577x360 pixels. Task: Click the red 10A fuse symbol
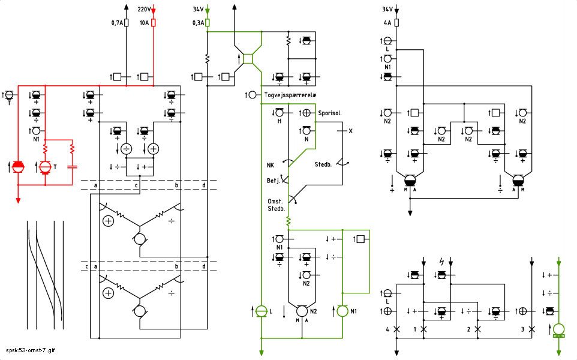coord(154,23)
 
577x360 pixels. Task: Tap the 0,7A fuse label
coord(117,23)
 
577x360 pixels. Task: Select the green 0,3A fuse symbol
coord(207,23)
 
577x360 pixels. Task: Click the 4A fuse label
coord(387,23)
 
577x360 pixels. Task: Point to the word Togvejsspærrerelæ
coord(290,95)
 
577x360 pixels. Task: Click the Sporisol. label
coord(330,113)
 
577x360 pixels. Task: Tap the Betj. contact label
coord(273,181)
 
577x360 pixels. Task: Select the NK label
coord(271,165)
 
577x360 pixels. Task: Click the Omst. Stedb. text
coord(276,205)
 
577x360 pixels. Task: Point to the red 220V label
coord(144,9)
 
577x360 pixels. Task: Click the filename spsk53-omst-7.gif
coord(30,350)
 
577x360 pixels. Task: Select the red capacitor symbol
coord(72,167)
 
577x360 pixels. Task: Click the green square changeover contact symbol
coord(248,59)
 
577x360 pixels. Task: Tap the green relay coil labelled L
coord(262,311)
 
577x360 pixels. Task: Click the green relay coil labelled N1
coord(342,311)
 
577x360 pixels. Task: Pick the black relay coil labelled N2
coord(302,311)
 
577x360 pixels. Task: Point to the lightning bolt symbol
coord(441,262)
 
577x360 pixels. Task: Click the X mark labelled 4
coord(396,329)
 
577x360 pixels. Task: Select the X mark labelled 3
coord(531,329)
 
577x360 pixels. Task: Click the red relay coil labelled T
coord(45,167)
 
